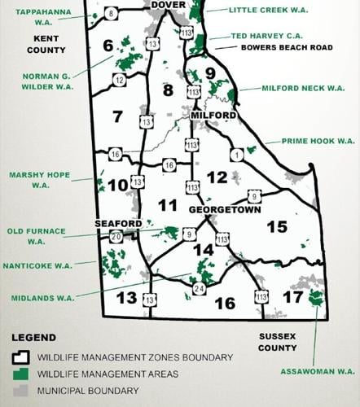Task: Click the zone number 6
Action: click(107, 46)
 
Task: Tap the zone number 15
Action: click(278, 225)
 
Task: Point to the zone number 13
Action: click(126, 297)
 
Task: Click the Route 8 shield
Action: click(112, 12)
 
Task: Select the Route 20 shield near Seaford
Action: click(116, 237)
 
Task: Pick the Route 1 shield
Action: click(237, 155)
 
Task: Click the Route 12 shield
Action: click(120, 80)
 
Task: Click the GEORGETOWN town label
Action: click(224, 209)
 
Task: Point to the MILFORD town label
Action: click(213, 115)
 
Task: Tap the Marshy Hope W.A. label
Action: click(40, 179)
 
